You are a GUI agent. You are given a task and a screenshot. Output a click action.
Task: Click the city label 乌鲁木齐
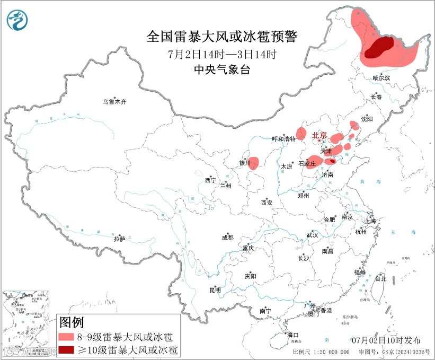115,101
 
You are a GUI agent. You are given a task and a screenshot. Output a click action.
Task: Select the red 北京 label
320,135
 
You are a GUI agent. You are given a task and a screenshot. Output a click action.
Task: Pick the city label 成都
228,238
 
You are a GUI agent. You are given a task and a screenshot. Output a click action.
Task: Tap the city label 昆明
215,290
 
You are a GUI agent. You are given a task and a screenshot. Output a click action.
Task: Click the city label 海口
292,335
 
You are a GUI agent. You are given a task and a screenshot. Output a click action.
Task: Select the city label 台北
380,278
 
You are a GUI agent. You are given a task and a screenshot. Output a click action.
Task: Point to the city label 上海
370,221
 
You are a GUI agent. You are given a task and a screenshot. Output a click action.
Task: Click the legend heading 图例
72,322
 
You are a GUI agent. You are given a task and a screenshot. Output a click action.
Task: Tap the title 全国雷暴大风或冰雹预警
222,37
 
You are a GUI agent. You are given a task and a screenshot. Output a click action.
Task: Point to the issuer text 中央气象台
222,70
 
